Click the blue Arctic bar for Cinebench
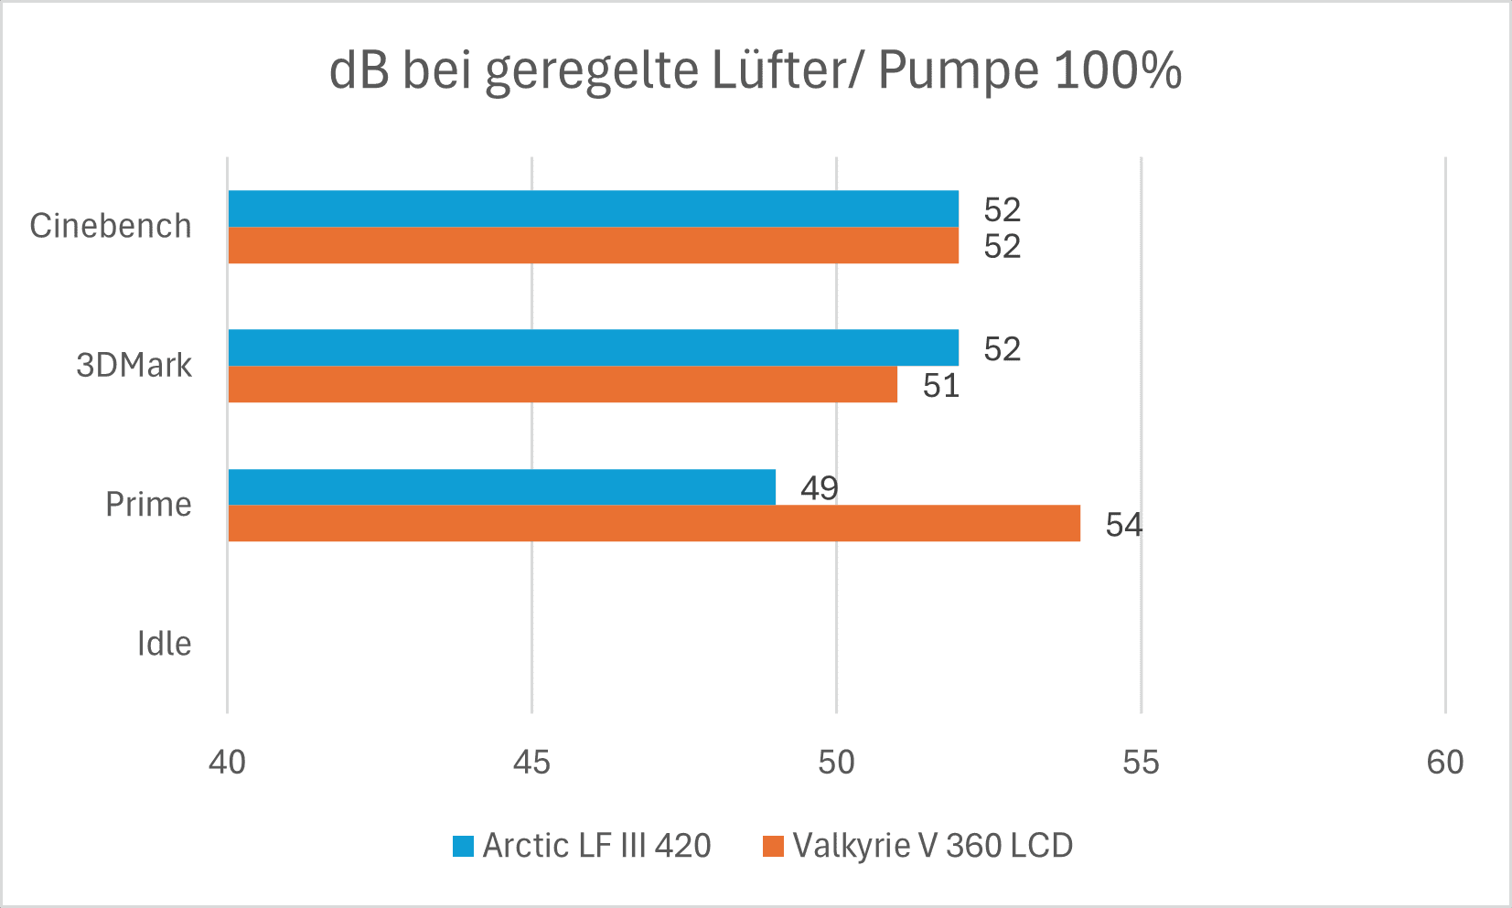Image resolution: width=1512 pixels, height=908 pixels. (593, 208)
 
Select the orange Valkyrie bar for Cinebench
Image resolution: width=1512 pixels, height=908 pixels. (593, 245)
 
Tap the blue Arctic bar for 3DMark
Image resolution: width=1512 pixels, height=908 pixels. (593, 347)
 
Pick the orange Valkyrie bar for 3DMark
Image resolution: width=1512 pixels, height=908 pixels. (563, 384)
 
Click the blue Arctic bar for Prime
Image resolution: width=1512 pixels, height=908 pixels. (501, 487)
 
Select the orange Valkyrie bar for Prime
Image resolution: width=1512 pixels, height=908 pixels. (654, 523)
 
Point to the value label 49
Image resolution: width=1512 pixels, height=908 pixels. (819, 488)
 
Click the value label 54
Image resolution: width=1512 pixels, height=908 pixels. (1123, 525)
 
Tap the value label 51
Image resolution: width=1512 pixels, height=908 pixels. (940, 386)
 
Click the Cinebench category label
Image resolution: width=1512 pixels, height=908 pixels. (111, 226)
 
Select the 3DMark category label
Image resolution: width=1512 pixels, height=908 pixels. (134, 366)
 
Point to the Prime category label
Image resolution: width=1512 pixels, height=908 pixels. (148, 505)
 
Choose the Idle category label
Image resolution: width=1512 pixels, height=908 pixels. (164, 644)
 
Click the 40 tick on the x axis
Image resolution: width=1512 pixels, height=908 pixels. (227, 763)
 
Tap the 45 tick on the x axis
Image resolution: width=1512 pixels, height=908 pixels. (531, 763)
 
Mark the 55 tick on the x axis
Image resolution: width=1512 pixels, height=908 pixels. (1141, 763)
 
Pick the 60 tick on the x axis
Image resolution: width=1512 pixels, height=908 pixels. (1445, 763)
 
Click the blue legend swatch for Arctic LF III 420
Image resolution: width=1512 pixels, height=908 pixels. (463, 847)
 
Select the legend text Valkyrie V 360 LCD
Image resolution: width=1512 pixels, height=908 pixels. (932, 846)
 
